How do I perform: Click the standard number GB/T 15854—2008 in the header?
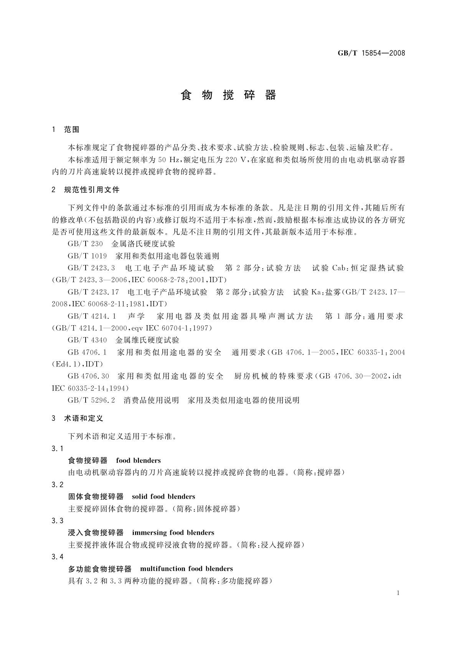[x=371, y=53]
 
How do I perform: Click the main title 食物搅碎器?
[x=228, y=95]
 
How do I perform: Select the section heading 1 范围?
[x=66, y=130]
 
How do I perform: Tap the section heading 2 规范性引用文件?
[x=86, y=190]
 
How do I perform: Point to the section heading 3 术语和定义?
[x=78, y=419]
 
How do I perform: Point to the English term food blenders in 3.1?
[x=139, y=461]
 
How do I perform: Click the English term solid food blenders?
[x=163, y=497]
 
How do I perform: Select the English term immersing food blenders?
[x=173, y=533]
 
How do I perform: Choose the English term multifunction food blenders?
[x=186, y=569]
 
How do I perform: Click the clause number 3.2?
[x=58, y=485]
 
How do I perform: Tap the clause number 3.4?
[x=58, y=557]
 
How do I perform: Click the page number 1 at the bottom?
[x=398, y=593]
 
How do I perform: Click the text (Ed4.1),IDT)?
[x=77, y=364]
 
